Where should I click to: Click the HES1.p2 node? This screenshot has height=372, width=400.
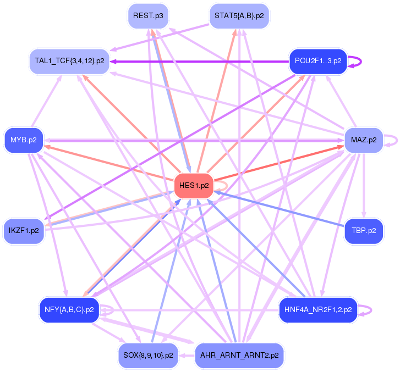point(194,186)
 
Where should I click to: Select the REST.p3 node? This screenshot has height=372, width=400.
point(148,16)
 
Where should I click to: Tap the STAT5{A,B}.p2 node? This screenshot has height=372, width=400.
point(239,16)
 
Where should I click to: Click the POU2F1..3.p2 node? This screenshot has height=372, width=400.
point(318,61)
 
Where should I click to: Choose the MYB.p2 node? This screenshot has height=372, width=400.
point(23,140)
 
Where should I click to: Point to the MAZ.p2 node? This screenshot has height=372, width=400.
point(363,140)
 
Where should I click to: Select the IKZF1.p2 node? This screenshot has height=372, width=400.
point(23,231)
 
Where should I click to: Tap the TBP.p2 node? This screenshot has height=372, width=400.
point(363,231)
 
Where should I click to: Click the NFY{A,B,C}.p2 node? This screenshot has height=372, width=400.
point(69,309)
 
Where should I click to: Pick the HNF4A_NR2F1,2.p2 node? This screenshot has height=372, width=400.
point(318,309)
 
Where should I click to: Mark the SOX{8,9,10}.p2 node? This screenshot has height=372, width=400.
point(148,355)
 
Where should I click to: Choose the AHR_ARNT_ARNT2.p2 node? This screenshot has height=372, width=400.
point(239,355)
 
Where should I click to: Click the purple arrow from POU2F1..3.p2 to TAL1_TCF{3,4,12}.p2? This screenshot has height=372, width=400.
point(198,62)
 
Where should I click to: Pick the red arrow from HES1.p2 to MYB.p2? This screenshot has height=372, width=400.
point(110,164)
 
